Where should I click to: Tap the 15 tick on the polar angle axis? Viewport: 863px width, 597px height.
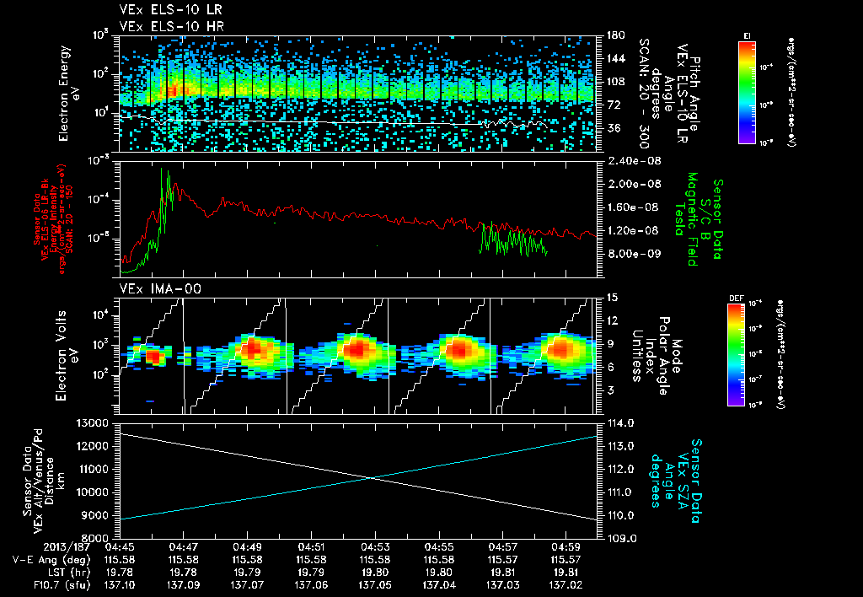[x=611, y=298]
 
